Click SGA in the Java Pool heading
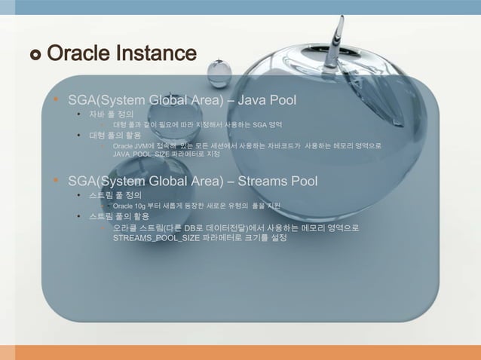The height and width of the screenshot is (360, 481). tap(81, 99)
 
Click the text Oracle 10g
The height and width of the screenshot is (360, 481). tap(129, 205)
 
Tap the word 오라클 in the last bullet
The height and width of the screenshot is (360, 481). tap(125, 227)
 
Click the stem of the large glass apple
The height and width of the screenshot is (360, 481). tap(341, 30)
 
